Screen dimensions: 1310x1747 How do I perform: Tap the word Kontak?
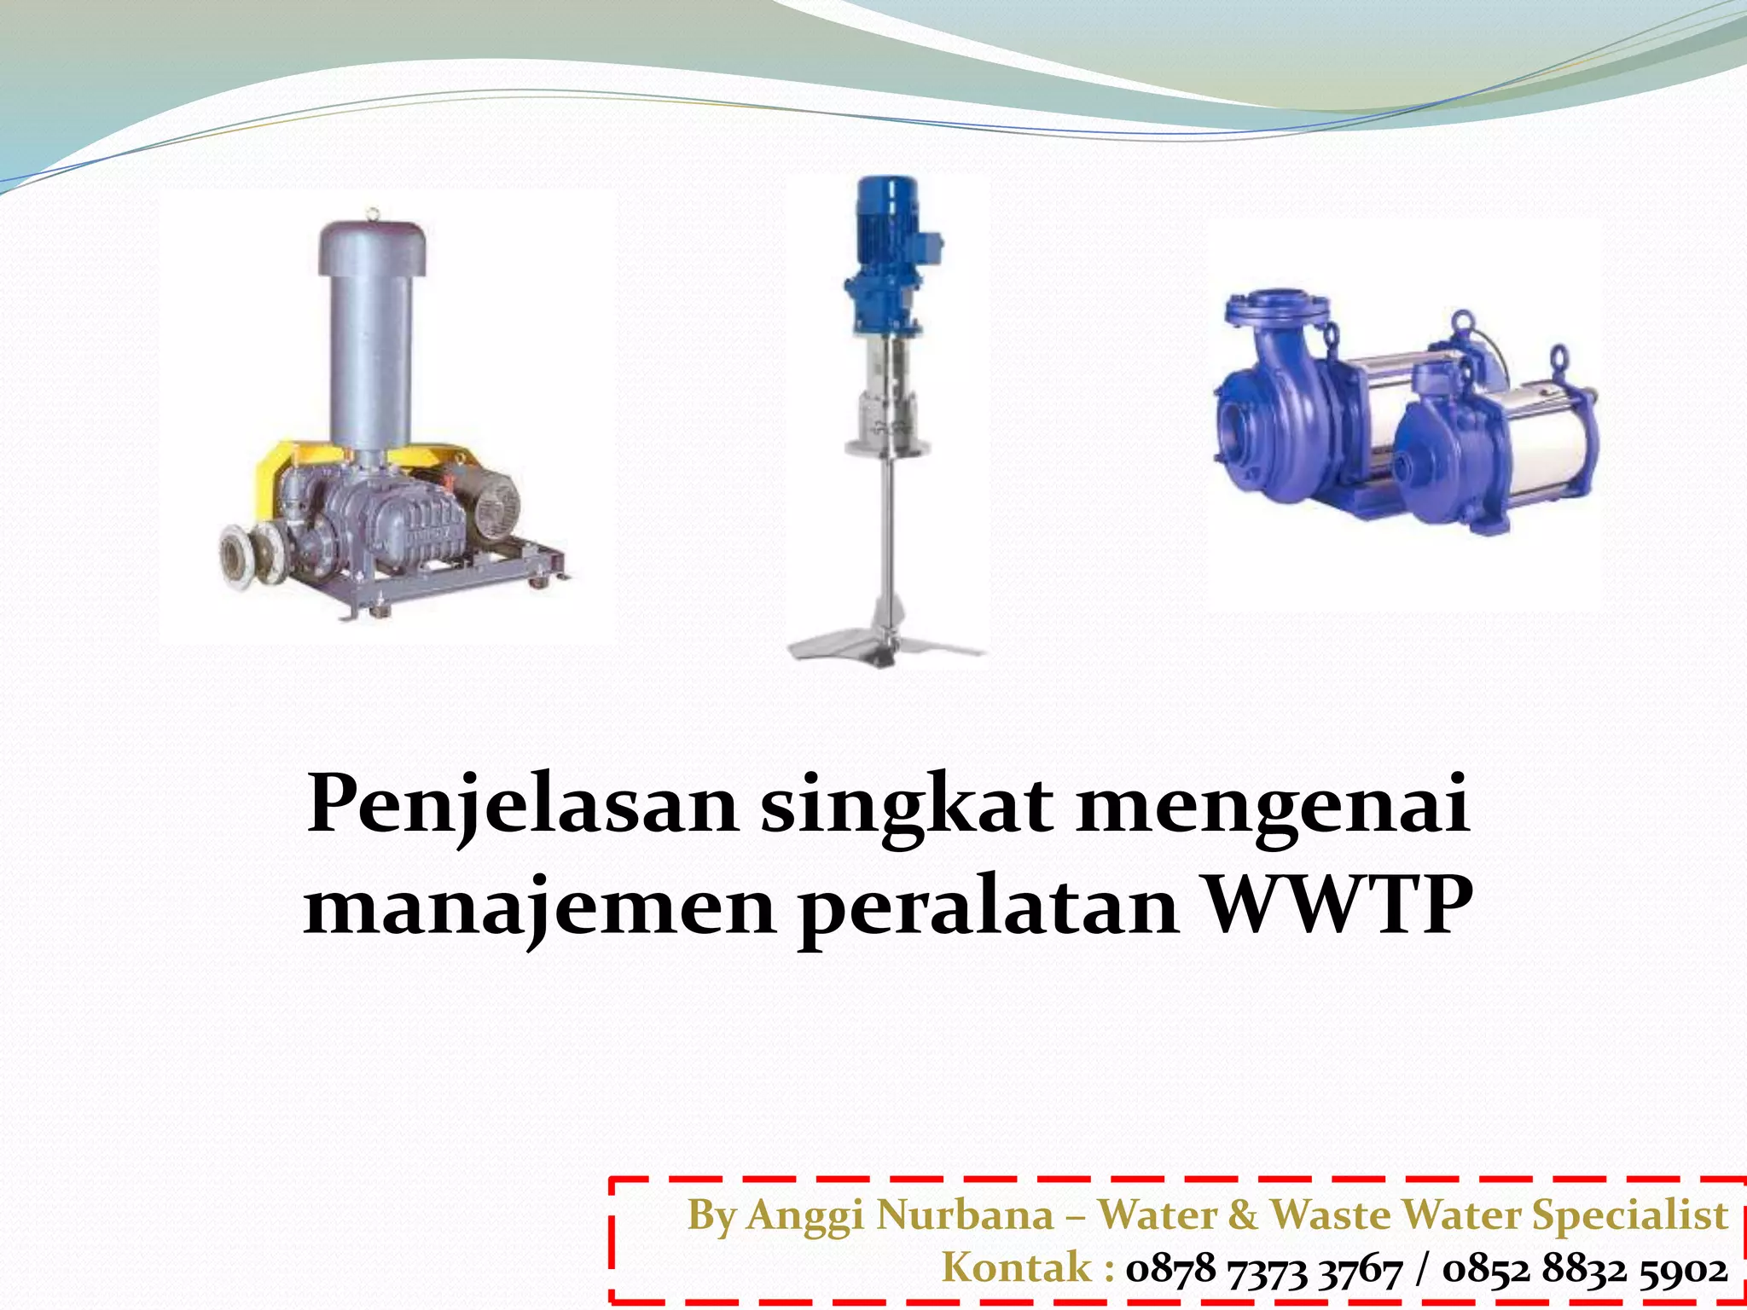(x=1017, y=1268)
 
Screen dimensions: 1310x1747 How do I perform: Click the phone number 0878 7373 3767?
(x=1263, y=1270)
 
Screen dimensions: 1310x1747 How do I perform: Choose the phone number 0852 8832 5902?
(x=1585, y=1270)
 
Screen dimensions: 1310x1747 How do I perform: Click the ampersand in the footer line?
(x=1243, y=1215)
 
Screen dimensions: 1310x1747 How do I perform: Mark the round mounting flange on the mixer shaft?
(x=887, y=444)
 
